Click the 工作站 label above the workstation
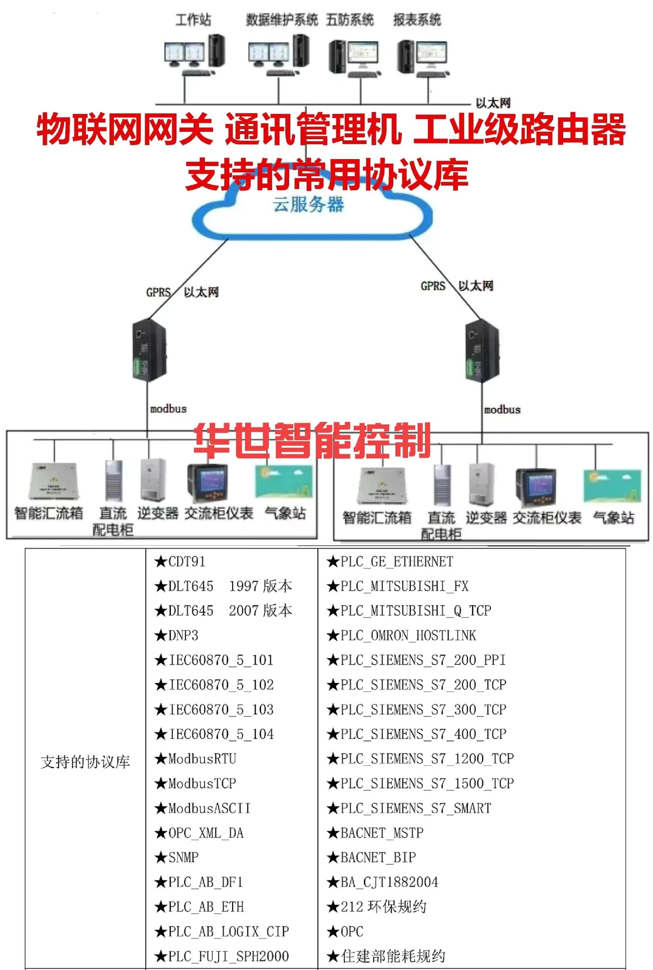(x=193, y=19)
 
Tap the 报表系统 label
(x=417, y=19)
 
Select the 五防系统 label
(x=349, y=19)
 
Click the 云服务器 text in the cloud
(x=309, y=205)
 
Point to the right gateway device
(x=482, y=350)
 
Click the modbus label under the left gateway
(x=168, y=409)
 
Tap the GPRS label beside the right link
(x=433, y=286)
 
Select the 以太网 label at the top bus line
(x=493, y=103)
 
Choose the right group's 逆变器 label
(x=486, y=518)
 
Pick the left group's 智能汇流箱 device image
(x=53, y=481)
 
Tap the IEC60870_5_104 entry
(x=221, y=734)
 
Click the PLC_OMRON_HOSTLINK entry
(x=408, y=636)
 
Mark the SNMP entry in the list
(x=183, y=858)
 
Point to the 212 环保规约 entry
(x=383, y=907)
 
